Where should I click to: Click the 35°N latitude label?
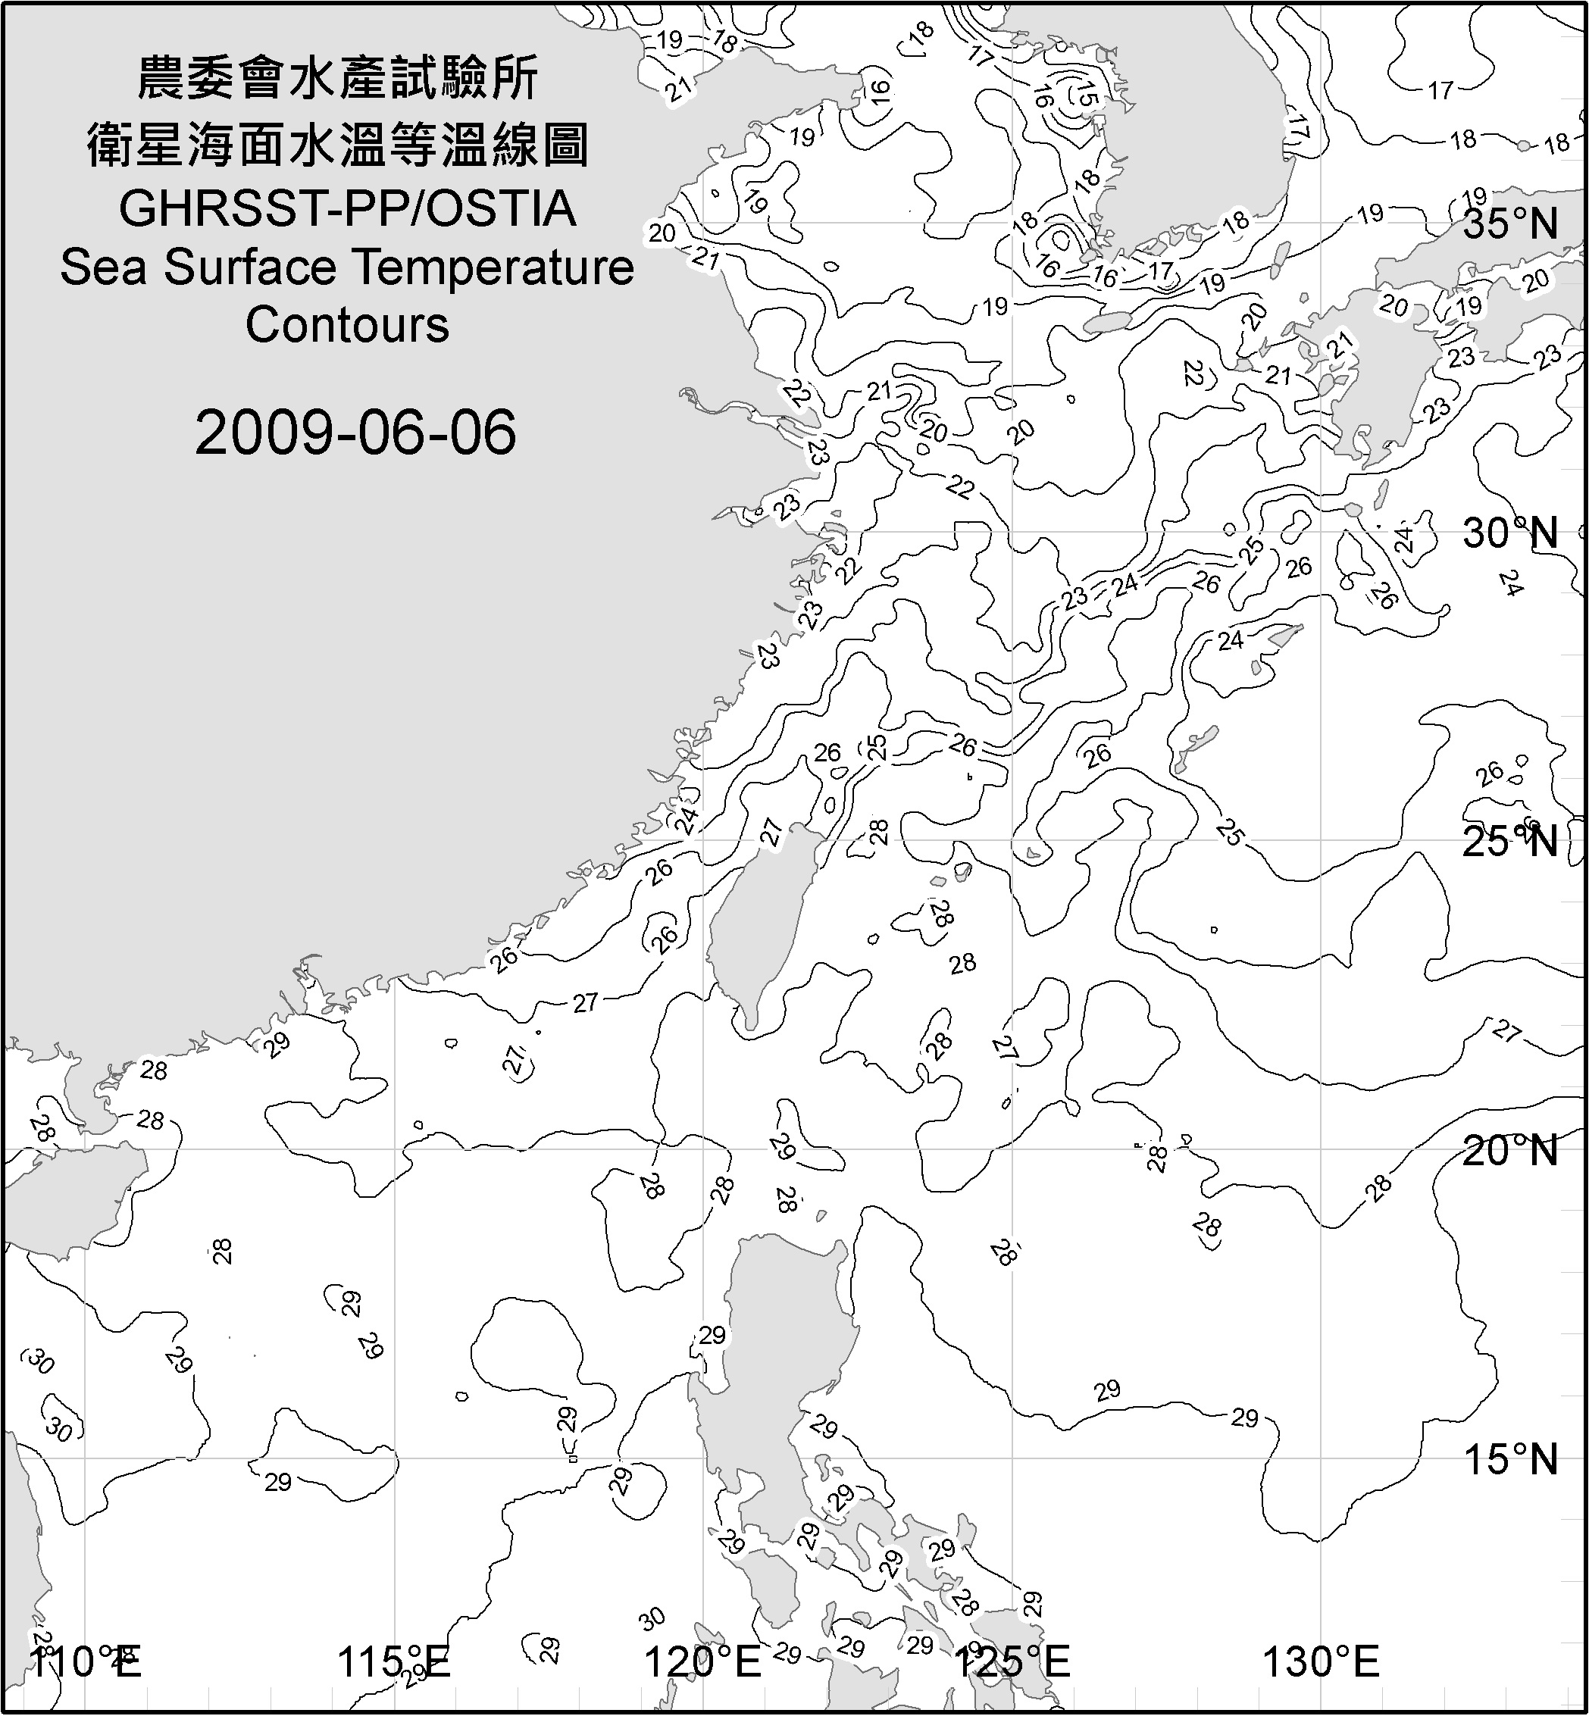(1510, 224)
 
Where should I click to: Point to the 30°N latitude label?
(1510, 534)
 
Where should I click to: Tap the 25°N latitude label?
(1510, 841)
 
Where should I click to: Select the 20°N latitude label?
(1510, 1151)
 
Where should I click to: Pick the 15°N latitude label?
(1510, 1460)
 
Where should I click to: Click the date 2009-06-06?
(355, 433)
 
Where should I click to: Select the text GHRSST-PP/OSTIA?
(347, 209)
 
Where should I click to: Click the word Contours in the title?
(347, 325)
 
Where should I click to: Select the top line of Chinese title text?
(338, 78)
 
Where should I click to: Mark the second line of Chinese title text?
(338, 145)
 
